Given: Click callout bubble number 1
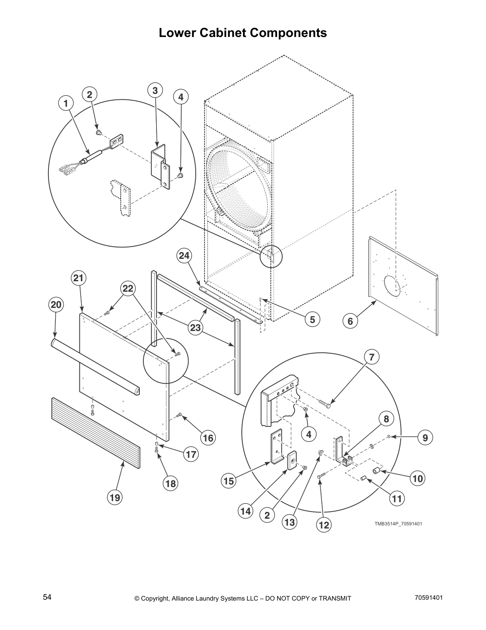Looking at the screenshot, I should pyautogui.click(x=66, y=103).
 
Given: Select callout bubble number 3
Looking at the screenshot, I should pyautogui.click(x=155, y=91).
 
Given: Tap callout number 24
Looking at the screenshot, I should pyautogui.click(x=184, y=256).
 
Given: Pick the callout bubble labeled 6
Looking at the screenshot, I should pyautogui.click(x=350, y=321).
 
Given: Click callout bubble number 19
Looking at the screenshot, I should pyautogui.click(x=115, y=497).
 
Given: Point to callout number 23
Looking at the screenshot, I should pyautogui.click(x=196, y=328).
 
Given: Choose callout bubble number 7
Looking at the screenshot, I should pyautogui.click(x=371, y=357).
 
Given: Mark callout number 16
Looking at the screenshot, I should pyautogui.click(x=208, y=438).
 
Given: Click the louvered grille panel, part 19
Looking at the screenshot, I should pyautogui.click(x=95, y=430).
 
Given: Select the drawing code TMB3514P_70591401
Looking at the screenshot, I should pyautogui.click(x=398, y=523).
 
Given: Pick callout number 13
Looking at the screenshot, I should pyautogui.click(x=289, y=522).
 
